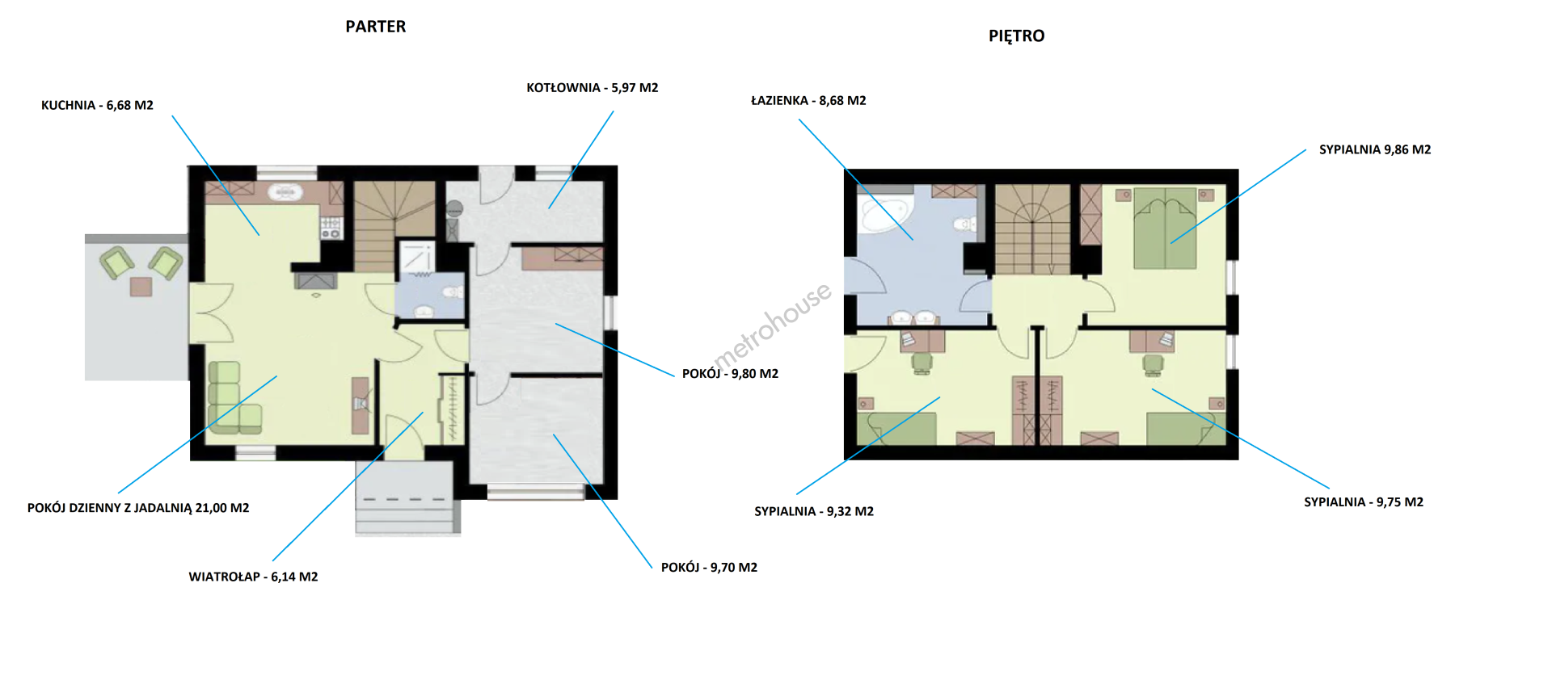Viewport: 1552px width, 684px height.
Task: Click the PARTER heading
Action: pyautogui.click(x=376, y=27)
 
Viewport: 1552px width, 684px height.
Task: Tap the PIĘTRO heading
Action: pyautogui.click(x=1016, y=36)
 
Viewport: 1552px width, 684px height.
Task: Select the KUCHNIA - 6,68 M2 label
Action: pyautogui.click(x=97, y=105)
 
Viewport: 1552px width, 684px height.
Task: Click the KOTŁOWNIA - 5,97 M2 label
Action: pyautogui.click(x=593, y=87)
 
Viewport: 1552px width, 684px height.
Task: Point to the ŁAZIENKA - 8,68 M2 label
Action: pyautogui.click(x=808, y=100)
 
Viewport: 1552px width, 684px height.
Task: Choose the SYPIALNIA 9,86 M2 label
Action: pyautogui.click(x=1375, y=149)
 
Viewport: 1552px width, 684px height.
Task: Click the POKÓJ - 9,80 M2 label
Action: pyautogui.click(x=730, y=373)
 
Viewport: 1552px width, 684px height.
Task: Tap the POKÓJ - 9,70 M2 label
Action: pyautogui.click(x=709, y=567)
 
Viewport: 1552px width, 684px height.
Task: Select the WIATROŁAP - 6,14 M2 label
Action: pyautogui.click(x=253, y=577)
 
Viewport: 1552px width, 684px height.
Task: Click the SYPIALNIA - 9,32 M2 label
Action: pyautogui.click(x=814, y=511)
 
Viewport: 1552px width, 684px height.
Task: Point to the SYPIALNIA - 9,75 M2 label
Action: pyautogui.click(x=1364, y=501)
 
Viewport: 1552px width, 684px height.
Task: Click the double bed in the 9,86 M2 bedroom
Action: pyautogui.click(x=1165, y=228)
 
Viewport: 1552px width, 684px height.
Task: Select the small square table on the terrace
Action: pyautogui.click(x=141, y=286)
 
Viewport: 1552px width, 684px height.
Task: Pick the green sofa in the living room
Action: pyautogui.click(x=232, y=397)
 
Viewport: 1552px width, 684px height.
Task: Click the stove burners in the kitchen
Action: pyautogui.click(x=331, y=228)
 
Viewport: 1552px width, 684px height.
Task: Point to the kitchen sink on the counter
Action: pyautogui.click(x=285, y=192)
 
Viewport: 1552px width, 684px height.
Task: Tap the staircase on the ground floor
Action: pyautogui.click(x=394, y=226)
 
